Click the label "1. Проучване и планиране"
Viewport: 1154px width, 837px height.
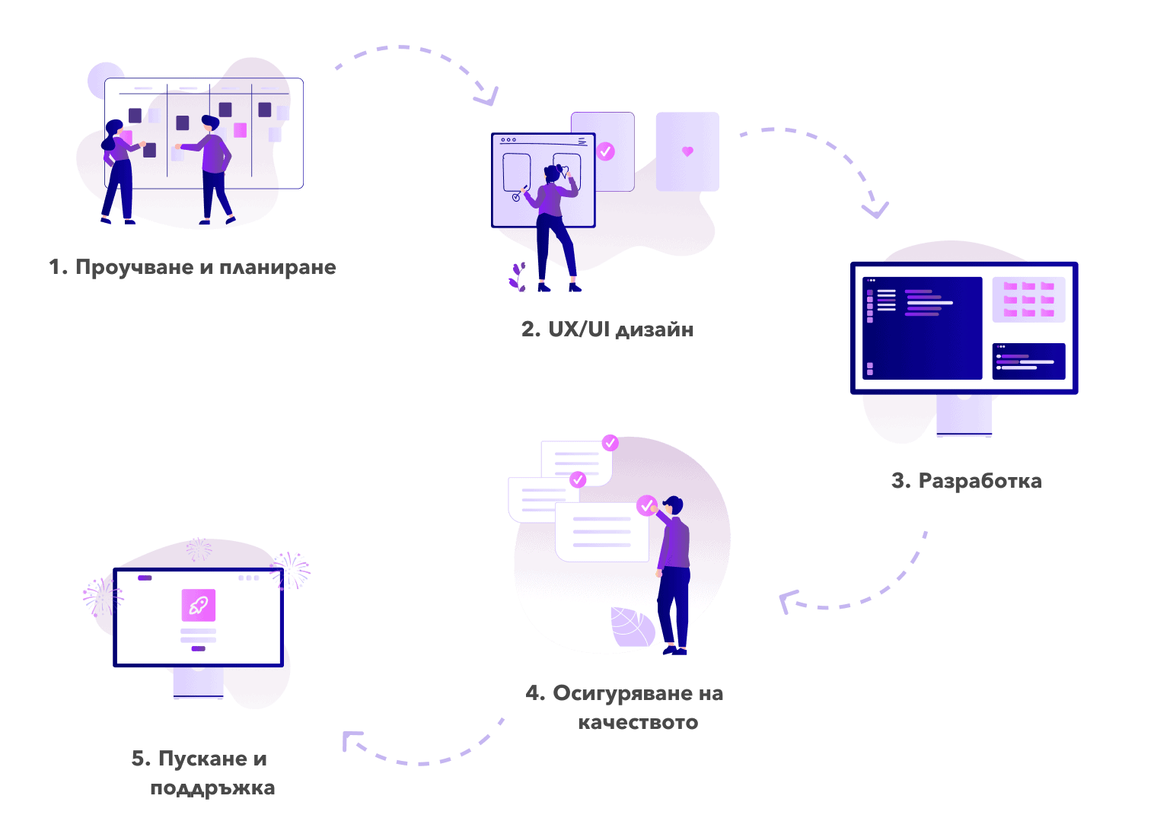pos(192,268)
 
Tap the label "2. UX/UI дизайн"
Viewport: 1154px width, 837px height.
pos(607,329)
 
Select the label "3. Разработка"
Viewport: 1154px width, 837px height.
pos(966,481)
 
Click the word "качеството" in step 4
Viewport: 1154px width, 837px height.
pos(638,722)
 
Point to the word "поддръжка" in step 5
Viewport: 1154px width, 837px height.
pos(212,788)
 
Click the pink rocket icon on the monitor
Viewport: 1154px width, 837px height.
pos(199,606)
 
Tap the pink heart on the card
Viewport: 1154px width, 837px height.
pos(687,151)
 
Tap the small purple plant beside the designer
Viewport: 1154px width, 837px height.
pos(518,277)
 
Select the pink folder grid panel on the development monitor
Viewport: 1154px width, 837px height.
pos(1028,299)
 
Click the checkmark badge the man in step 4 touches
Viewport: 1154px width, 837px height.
pos(646,505)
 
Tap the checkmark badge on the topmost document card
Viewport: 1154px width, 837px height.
pos(610,443)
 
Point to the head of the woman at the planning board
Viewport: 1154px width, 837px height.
pos(113,128)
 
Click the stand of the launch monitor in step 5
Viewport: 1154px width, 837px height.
pos(199,683)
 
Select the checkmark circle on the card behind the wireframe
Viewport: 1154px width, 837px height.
pos(605,151)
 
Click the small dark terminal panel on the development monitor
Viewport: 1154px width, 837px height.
pos(1028,361)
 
